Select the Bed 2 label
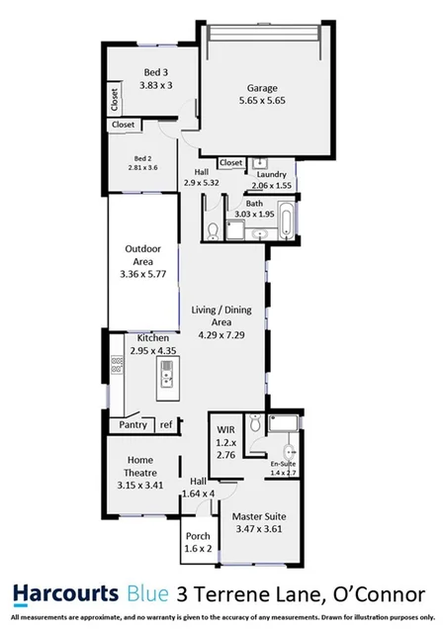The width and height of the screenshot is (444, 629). pos(144,158)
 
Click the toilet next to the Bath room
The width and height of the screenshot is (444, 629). pos(214,231)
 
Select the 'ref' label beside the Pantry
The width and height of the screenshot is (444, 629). pos(166,424)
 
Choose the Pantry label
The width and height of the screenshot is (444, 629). pos(133,424)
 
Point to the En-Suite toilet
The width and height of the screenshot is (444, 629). pos(254,423)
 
